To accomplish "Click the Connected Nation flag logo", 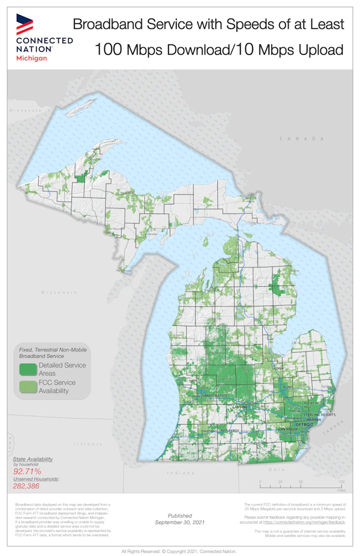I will tap(25, 23).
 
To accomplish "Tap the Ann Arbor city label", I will tap(288, 430).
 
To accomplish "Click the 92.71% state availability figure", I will tap(29, 472).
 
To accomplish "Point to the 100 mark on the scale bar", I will tap(341, 482).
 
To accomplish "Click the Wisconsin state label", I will tap(59, 292).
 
